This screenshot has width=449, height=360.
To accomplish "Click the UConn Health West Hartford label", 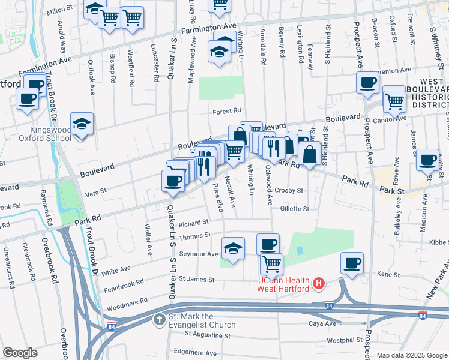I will tap(283, 284).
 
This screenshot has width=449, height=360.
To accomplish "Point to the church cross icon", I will tap(160, 320).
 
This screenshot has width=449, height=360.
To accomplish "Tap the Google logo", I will tap(20, 353).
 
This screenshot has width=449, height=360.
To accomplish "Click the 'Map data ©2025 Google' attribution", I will tap(412, 355).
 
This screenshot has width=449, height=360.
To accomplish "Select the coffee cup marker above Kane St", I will tap(352, 263).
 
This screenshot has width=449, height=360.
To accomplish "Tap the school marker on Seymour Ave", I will tap(233, 248).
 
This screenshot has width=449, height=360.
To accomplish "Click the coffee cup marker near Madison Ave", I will tap(427, 160).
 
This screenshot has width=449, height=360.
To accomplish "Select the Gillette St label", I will tap(294, 209).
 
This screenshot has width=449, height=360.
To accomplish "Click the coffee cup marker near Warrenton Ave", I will tap(367, 83).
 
